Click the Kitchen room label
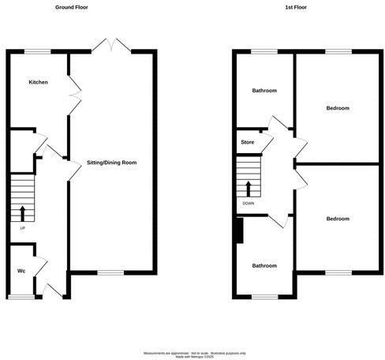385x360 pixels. point(39,83)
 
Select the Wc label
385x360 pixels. point(22,272)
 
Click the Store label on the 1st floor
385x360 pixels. point(247,143)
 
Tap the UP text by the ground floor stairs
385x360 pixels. point(22,229)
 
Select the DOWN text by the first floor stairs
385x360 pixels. point(249,203)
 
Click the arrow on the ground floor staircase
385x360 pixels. point(22,212)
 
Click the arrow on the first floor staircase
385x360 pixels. point(249,189)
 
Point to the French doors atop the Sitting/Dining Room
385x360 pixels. point(110,46)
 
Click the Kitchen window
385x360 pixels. point(36,51)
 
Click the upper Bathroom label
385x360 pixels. point(264,91)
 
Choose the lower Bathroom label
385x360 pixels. point(264,266)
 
